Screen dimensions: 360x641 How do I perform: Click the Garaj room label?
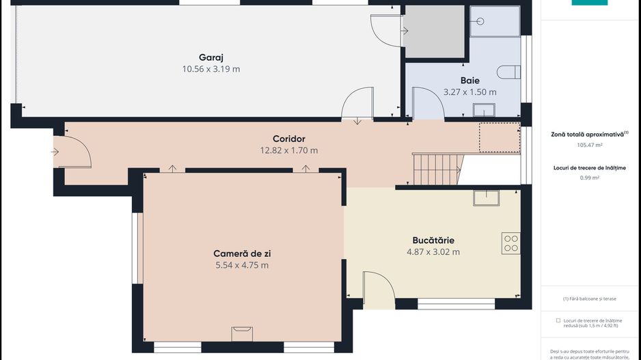(211, 57)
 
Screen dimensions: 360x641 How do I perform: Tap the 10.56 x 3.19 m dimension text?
(211, 69)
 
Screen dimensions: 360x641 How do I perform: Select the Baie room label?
(469, 80)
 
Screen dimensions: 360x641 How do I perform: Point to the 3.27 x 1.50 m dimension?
(469, 92)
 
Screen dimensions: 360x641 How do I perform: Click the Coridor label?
(288, 139)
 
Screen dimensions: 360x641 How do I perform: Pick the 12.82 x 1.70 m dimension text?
(288, 150)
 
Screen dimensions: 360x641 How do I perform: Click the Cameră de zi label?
(242, 253)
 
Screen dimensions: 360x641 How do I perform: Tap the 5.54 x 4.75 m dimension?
(242, 265)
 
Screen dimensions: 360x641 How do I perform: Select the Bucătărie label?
(433, 240)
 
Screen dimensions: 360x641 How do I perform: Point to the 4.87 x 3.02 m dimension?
(433, 251)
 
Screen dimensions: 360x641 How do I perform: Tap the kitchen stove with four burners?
(510, 243)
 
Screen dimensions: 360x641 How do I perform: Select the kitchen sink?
(486, 197)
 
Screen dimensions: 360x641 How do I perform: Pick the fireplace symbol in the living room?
(242, 333)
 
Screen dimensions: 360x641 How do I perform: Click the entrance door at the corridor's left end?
(71, 152)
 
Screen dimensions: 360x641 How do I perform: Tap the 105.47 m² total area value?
(590, 145)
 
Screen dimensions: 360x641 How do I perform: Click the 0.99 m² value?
(590, 178)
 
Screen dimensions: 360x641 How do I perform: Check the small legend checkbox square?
(558, 320)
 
